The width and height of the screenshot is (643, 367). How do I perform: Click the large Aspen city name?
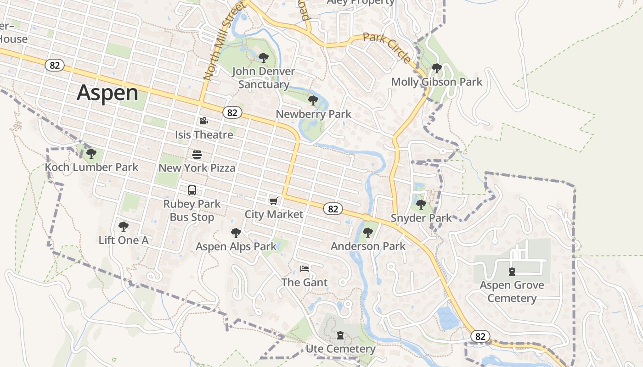tap(107, 93)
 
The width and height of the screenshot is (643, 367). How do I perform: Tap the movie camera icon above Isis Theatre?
tap(203, 121)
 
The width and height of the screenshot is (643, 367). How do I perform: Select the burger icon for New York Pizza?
tap(197, 155)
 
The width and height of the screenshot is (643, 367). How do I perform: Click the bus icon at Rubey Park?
tap(192, 190)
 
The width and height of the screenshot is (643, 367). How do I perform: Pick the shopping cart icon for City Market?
tap(274, 201)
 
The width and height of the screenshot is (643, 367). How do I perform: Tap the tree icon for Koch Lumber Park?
tap(91, 153)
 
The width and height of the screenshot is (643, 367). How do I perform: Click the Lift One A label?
tap(124, 240)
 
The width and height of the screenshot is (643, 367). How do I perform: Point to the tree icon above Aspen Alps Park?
tap(236, 233)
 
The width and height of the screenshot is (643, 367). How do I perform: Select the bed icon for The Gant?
tap(305, 269)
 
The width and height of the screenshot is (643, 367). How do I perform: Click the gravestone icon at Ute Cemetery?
tap(340, 336)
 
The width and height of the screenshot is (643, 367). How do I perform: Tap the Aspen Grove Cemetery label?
tap(512, 292)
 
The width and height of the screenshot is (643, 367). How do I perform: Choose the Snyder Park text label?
tap(421, 218)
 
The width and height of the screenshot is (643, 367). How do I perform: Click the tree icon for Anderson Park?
tap(368, 233)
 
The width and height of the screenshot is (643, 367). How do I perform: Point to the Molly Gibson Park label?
tap(436, 82)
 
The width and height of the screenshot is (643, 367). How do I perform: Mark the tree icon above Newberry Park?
tap(313, 100)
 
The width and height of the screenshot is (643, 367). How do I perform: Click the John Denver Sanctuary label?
tap(264, 78)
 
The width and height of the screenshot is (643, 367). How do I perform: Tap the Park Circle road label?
tap(387, 48)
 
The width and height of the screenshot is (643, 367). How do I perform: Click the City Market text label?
tap(274, 214)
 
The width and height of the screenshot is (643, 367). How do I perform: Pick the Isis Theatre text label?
tap(204, 134)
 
